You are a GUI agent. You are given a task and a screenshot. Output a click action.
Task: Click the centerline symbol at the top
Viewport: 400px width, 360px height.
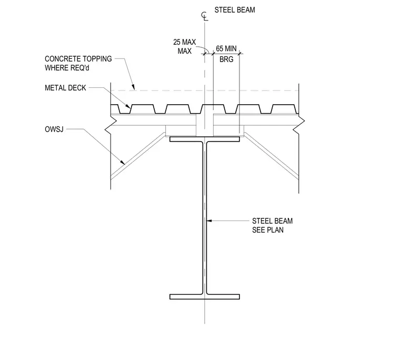(x=204, y=16)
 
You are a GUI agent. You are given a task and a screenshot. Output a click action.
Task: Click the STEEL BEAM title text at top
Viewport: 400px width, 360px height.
(x=235, y=10)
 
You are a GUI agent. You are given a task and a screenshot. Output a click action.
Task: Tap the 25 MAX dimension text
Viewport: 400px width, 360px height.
(x=184, y=42)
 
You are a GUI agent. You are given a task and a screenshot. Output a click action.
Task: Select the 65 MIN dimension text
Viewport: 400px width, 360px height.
(x=226, y=48)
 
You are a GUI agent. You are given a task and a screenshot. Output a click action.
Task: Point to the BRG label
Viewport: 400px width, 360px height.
(x=226, y=59)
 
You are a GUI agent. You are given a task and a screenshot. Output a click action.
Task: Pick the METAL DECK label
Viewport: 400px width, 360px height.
(x=66, y=88)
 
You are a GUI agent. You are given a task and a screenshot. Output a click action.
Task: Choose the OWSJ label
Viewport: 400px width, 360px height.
(x=54, y=129)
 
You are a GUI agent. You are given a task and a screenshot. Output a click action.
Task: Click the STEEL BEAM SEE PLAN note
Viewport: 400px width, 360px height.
(x=273, y=225)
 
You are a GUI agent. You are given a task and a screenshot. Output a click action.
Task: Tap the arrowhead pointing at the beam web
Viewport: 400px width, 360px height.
(x=209, y=221)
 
